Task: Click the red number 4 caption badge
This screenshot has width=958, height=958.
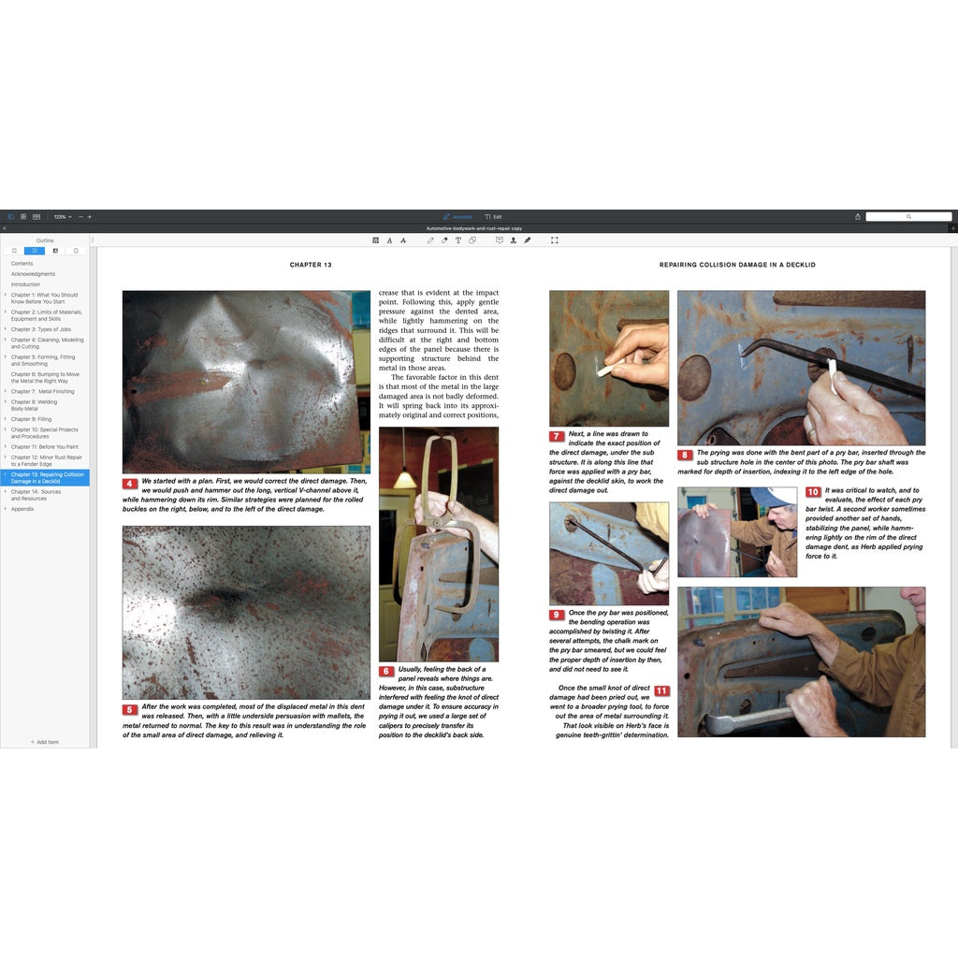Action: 130,484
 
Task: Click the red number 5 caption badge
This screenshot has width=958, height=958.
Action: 130,709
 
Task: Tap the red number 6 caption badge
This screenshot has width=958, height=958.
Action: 386,671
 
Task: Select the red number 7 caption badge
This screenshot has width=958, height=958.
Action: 557,436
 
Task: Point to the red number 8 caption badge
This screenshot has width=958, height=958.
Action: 685,455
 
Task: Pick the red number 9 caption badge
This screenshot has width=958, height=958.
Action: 557,615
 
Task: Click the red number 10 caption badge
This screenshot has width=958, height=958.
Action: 813,492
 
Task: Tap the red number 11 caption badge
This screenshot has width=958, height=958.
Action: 661,690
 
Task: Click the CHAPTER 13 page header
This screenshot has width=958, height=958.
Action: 311,265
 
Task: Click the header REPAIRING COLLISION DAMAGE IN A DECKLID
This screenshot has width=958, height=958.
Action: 737,265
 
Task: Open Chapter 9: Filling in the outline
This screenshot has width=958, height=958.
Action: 31,419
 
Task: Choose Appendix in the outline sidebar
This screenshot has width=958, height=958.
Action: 23,509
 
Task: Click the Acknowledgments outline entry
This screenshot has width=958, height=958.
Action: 33,274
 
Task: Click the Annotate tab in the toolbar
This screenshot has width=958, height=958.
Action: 457,216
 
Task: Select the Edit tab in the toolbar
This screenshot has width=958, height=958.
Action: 493,216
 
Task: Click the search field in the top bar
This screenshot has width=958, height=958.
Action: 907,216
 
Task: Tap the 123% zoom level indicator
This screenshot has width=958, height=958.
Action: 60,216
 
